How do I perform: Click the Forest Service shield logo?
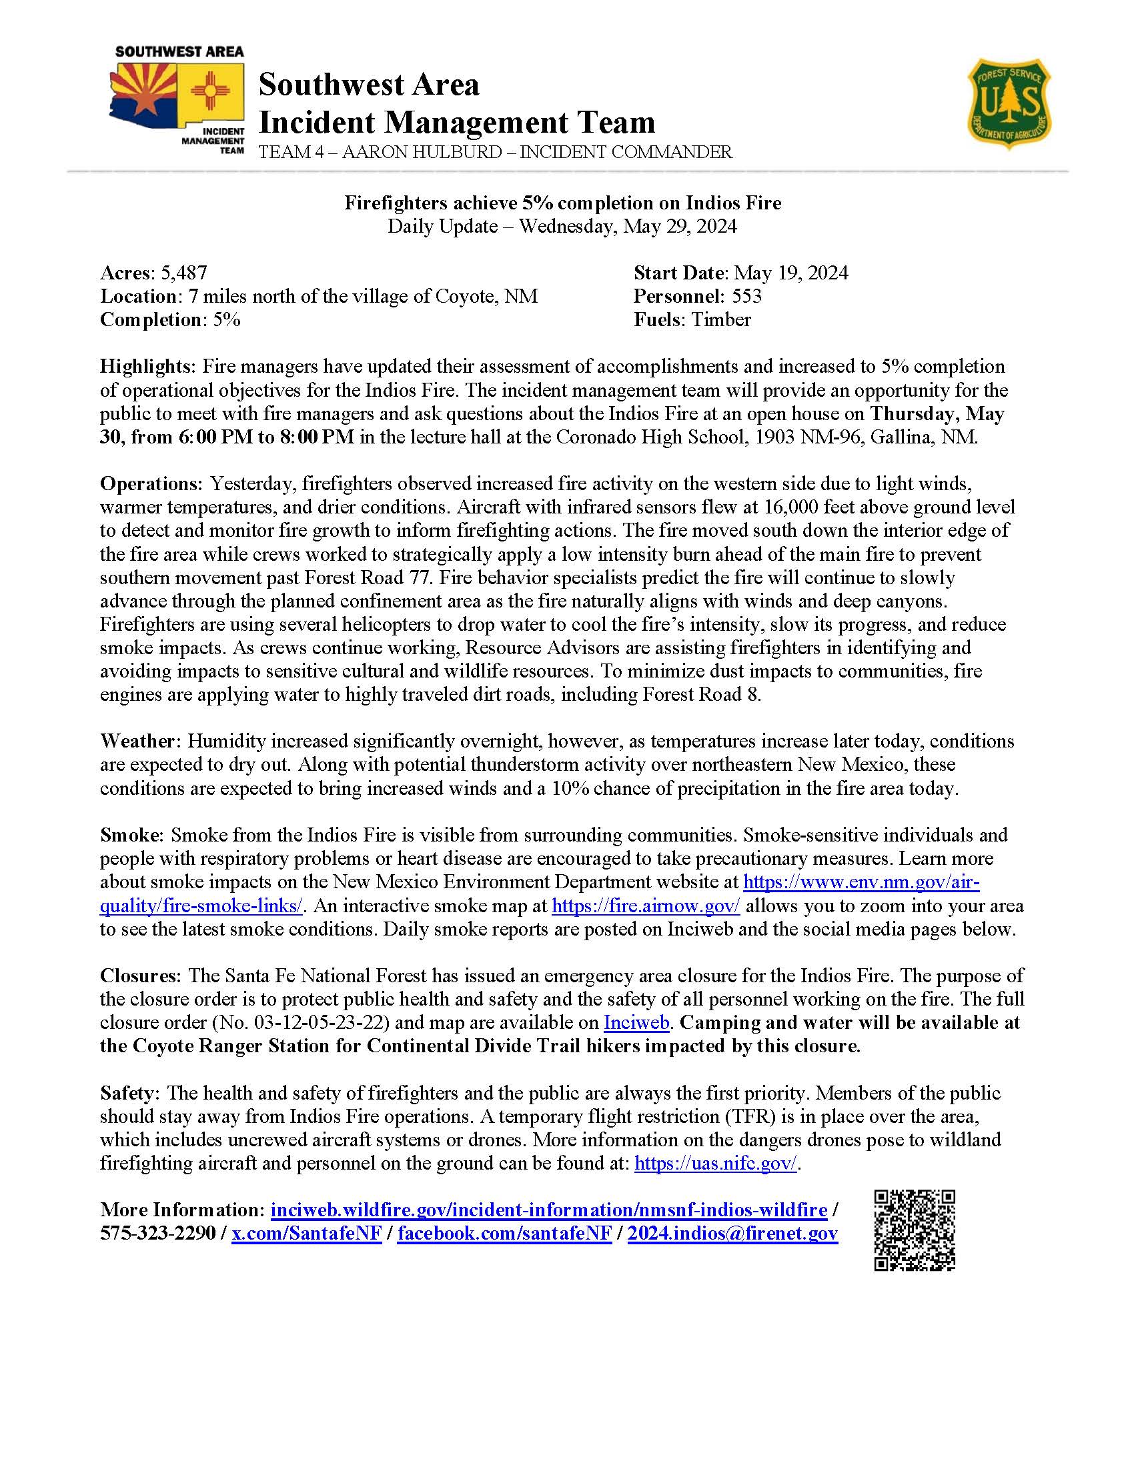point(1009,103)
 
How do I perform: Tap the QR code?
point(915,1230)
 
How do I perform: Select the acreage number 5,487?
point(183,273)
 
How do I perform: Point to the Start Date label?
point(680,273)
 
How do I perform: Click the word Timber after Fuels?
point(721,319)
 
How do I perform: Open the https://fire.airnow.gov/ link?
point(646,906)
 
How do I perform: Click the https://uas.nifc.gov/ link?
point(716,1164)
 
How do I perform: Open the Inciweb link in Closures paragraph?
point(637,1023)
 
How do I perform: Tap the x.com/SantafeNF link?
point(307,1234)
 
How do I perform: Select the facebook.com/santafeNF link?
point(504,1234)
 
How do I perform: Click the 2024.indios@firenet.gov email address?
point(732,1234)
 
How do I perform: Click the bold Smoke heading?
point(130,836)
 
